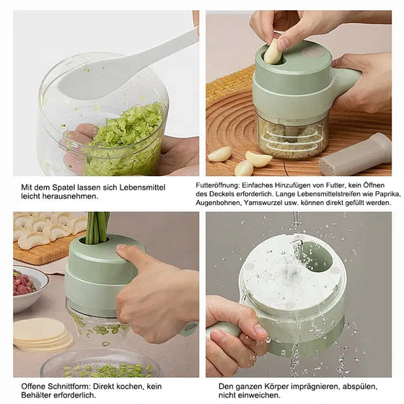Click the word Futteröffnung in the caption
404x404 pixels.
(217, 185)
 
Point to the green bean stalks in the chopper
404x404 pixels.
(97, 227)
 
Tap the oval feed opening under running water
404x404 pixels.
(317, 256)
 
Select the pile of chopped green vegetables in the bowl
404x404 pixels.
(123, 141)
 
